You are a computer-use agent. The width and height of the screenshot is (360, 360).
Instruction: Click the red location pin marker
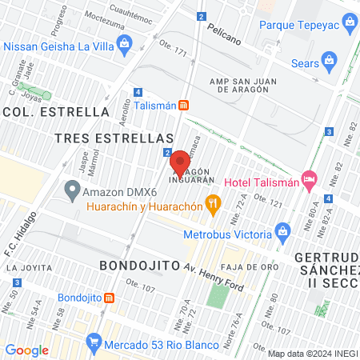(x=179, y=162)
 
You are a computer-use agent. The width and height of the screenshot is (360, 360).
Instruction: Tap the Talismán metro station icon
(x=183, y=105)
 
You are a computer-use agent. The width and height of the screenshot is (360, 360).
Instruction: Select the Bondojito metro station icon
(x=110, y=298)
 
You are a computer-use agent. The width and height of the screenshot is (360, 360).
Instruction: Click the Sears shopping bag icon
(x=328, y=61)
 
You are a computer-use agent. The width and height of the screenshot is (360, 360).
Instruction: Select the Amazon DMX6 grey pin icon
(x=72, y=191)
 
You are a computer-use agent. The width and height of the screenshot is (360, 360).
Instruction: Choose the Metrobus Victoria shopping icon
(x=282, y=233)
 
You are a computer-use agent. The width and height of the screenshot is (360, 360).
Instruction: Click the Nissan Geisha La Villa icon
(x=122, y=42)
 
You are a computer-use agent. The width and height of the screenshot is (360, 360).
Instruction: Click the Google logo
(x=26, y=350)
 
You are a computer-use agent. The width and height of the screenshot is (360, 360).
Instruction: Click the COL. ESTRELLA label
(x=56, y=111)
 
